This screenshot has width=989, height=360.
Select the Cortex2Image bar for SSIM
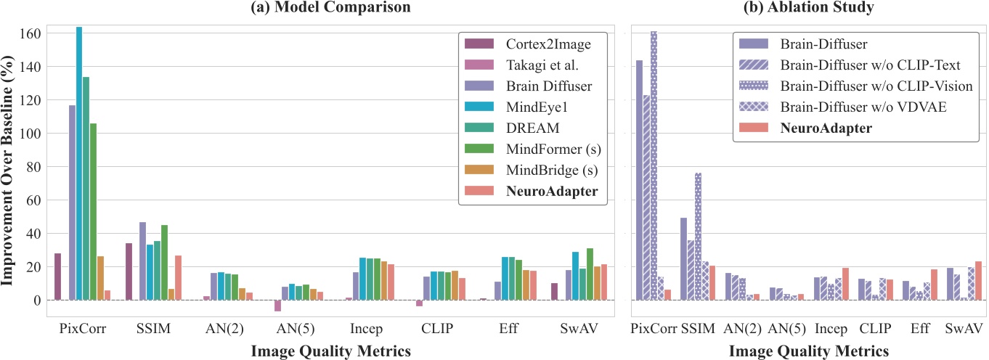pos(129,271)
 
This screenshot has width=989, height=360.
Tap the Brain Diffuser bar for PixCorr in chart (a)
pos(72,202)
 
